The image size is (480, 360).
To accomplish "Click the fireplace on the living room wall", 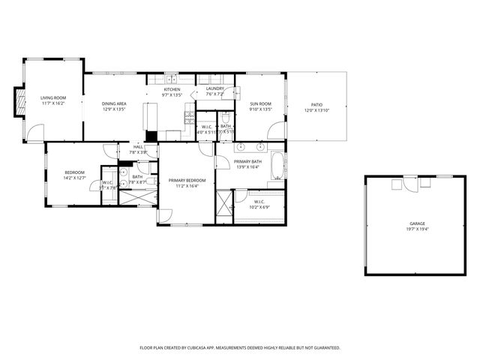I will click(19, 102).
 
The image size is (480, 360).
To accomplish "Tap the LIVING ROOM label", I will click(52, 97).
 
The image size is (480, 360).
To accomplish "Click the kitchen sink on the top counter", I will click(172, 79).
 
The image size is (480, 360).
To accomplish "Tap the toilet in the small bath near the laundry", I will click(225, 118).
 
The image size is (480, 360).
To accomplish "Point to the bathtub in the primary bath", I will click(277, 166).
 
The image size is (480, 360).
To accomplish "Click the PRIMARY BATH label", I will click(247, 161).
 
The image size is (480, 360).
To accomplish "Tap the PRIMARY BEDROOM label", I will click(187, 180).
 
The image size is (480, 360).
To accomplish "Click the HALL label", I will click(138, 147).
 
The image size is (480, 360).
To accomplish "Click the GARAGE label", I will click(417, 223).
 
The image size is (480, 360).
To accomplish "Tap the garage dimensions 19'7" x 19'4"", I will click(417, 229).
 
